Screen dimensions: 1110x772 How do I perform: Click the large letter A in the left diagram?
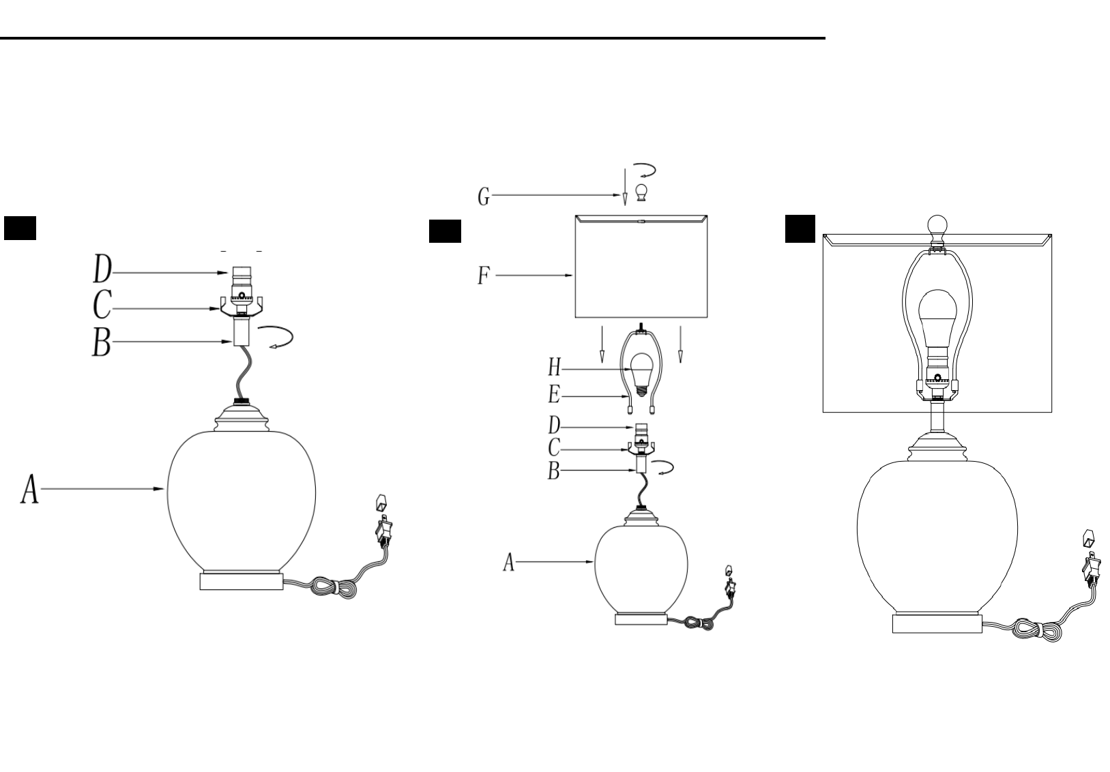pos(30,489)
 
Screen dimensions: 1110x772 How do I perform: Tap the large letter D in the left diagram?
pos(102,269)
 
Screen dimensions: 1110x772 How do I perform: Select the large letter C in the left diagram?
pos(102,304)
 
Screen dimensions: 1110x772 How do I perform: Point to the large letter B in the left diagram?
pos(102,342)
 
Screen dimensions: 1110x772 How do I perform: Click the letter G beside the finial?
pos(484,196)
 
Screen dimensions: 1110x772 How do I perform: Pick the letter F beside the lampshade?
pos(484,276)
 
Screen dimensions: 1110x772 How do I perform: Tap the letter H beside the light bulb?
pos(554,368)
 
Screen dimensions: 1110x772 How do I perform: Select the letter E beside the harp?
pos(554,395)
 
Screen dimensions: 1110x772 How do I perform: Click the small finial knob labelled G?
pos(641,192)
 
